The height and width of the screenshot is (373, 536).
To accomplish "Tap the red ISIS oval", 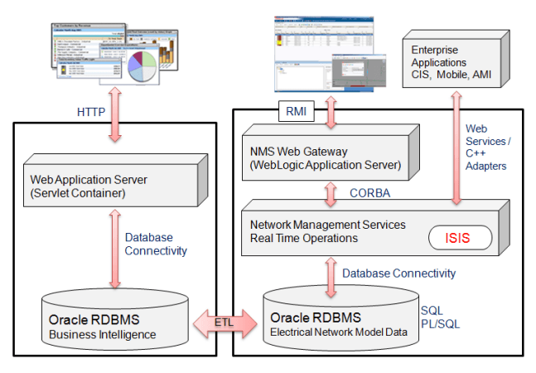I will [x=459, y=238].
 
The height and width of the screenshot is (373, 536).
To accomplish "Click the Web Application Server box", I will [x=111, y=182].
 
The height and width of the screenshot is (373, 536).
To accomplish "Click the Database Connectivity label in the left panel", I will [x=157, y=245].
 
